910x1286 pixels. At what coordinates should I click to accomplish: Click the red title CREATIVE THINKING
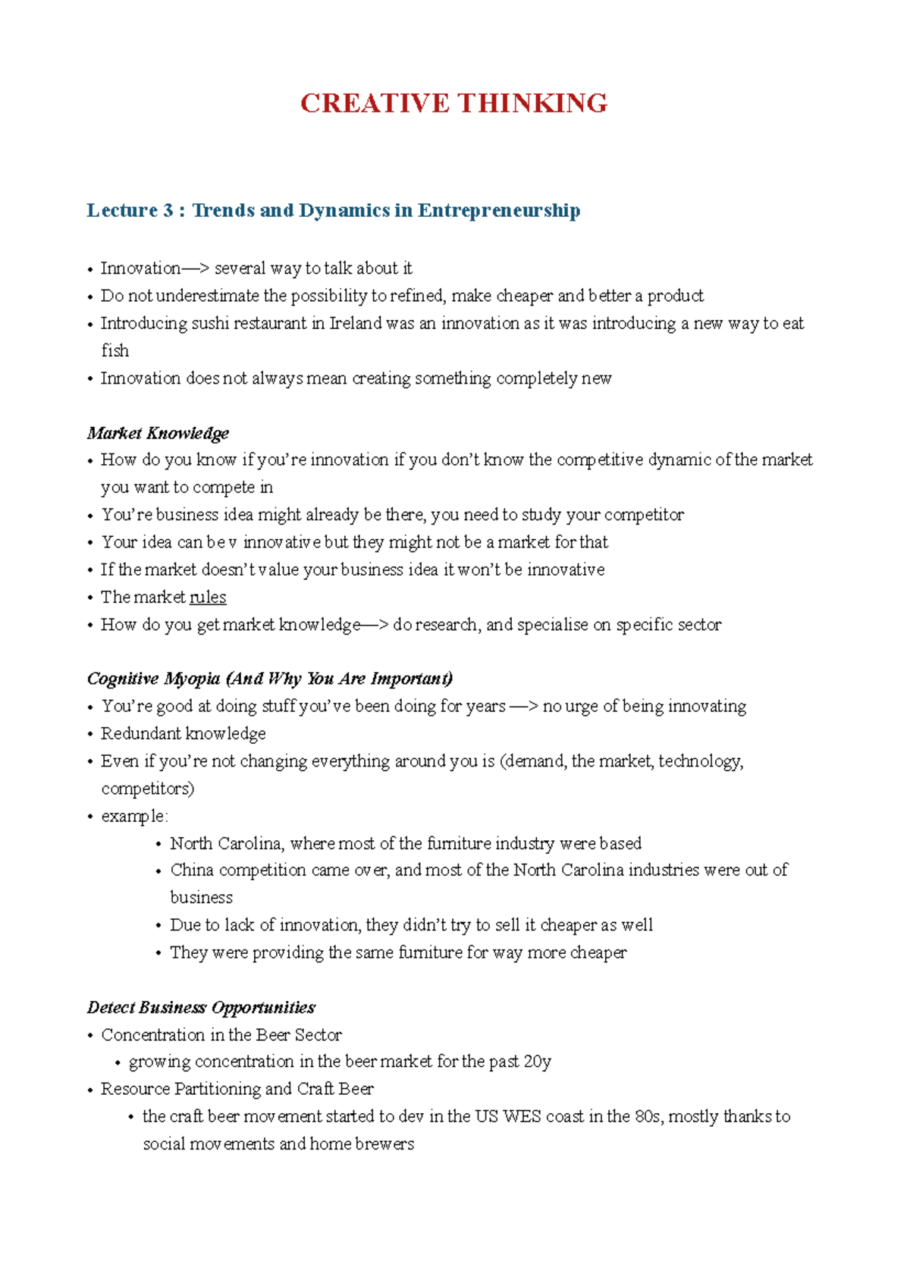coord(453,103)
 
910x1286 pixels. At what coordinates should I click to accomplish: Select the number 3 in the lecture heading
coord(168,210)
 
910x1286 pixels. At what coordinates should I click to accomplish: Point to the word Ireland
coord(356,323)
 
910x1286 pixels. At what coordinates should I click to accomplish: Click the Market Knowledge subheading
coord(158,433)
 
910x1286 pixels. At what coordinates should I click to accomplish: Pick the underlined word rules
coord(208,598)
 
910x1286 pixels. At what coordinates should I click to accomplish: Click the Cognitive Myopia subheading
coord(269,678)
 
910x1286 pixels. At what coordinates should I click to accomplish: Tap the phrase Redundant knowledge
coord(184,733)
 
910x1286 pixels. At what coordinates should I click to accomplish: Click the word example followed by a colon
coord(133,816)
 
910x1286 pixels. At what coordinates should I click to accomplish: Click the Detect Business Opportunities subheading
coord(201,1007)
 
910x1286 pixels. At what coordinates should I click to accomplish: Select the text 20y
coord(537,1062)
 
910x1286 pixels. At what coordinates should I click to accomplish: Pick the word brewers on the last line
coord(384,1143)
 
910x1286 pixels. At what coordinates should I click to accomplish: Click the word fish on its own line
coord(115,350)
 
